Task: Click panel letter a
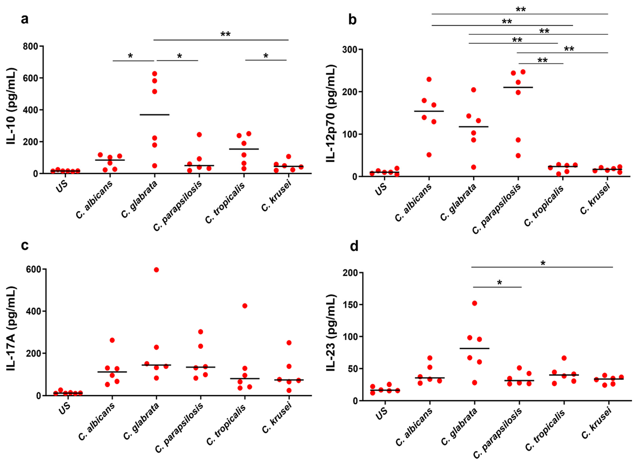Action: coord(25,20)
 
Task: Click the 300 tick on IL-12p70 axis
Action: coord(349,49)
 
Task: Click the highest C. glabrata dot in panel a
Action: coord(154,74)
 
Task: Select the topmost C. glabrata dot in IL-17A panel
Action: coord(156,270)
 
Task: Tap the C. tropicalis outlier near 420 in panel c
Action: coord(245,306)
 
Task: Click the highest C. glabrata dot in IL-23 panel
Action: coord(474,303)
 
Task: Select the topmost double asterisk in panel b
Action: coord(521,10)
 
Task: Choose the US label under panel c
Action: coord(64,409)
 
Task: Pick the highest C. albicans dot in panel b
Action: coord(429,79)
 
